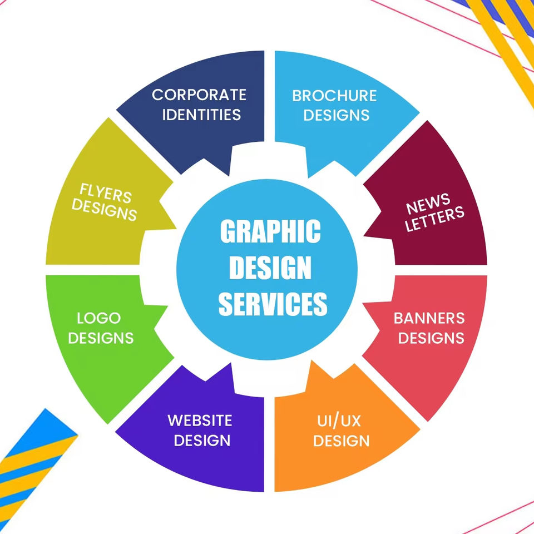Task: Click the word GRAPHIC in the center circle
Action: tap(270, 232)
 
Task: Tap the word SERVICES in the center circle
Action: tap(273, 304)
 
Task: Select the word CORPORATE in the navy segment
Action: tap(199, 95)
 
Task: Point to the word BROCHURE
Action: tap(334, 96)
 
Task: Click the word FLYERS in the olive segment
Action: tap(106, 194)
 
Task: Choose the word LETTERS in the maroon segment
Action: tap(434, 219)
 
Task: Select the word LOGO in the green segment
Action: tap(99, 318)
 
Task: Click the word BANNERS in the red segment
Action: tap(429, 318)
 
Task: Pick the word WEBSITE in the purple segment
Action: tap(200, 420)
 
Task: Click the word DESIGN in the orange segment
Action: tap(341, 441)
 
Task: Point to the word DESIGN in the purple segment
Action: tap(202, 440)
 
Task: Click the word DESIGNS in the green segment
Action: tap(101, 338)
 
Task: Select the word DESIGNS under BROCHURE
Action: tap(337, 115)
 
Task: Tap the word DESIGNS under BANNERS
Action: tap(431, 338)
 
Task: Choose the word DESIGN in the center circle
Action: tap(270, 268)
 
